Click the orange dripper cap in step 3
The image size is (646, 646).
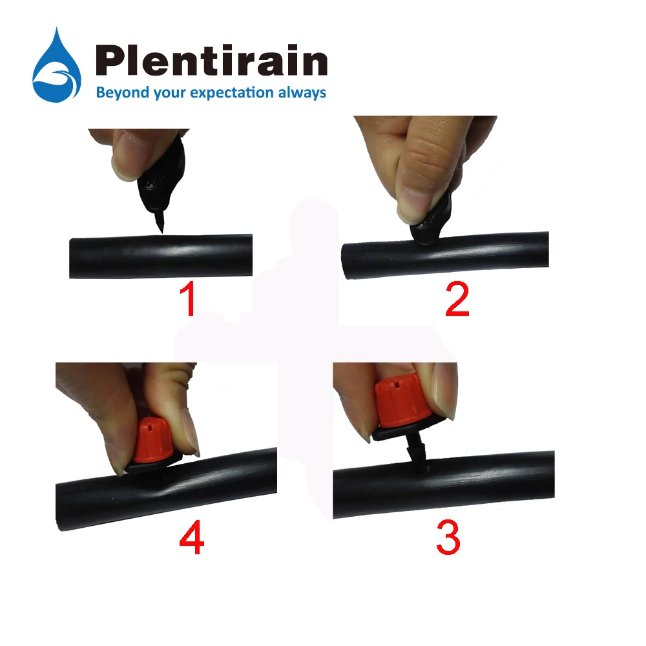coord(401,404)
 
